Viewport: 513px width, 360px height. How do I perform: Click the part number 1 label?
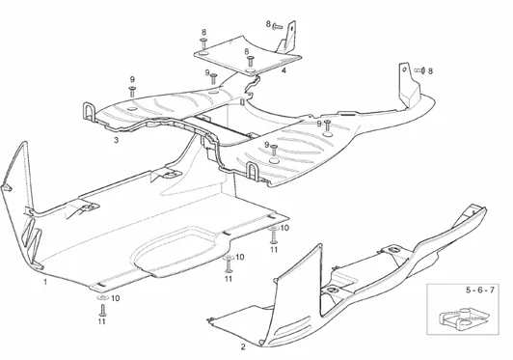pyautogui.click(x=44, y=283)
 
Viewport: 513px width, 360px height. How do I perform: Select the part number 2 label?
pyautogui.click(x=242, y=346)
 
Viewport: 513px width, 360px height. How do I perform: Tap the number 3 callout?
pyautogui.click(x=116, y=140)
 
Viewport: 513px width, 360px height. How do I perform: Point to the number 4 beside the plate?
pyautogui.click(x=283, y=70)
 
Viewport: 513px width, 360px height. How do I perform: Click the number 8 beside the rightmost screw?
pyautogui.click(x=430, y=70)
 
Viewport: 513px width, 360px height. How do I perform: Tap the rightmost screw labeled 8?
pyautogui.click(x=419, y=70)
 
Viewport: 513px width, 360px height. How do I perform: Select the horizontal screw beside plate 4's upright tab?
pyautogui.click(x=277, y=23)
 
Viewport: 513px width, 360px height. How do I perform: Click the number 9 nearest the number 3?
pyautogui.click(x=132, y=78)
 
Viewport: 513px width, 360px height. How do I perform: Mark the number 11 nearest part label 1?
pyautogui.click(x=101, y=321)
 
